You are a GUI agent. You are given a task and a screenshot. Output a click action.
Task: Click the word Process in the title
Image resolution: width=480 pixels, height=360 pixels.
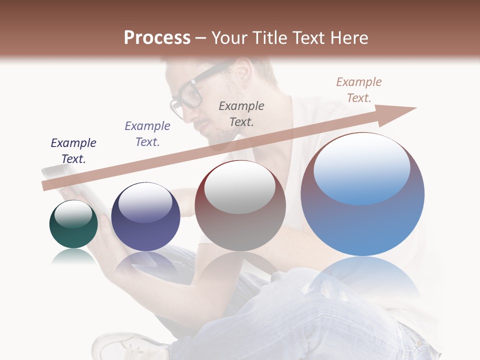157,37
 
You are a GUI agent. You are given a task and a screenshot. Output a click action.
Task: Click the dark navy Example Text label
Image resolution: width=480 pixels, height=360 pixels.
73,151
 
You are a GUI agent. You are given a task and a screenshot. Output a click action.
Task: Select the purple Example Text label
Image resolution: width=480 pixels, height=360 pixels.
147,134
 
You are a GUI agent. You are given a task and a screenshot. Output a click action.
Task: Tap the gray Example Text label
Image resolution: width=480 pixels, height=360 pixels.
241,113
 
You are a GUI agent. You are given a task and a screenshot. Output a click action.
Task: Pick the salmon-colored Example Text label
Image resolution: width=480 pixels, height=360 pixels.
359,89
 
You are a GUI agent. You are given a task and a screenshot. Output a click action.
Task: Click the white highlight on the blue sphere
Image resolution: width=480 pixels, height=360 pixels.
361,167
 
